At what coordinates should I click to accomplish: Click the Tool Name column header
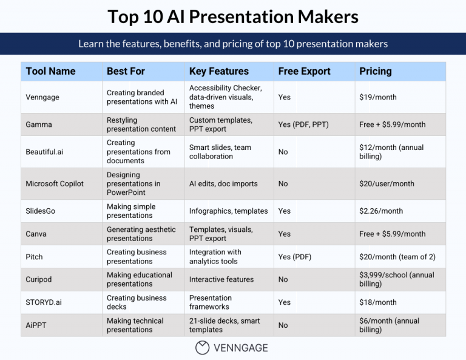(50, 71)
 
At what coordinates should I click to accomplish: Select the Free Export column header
(304, 71)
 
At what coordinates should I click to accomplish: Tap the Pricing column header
(375, 71)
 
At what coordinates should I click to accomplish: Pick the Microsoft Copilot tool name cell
(55, 184)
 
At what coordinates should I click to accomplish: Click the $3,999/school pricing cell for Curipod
(396, 279)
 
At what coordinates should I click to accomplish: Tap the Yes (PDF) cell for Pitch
(294, 257)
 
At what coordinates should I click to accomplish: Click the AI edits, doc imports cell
(223, 184)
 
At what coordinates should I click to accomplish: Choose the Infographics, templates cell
(228, 211)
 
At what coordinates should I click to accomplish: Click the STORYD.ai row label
(44, 302)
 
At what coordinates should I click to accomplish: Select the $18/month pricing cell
(377, 302)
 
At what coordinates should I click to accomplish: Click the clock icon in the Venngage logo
(202, 348)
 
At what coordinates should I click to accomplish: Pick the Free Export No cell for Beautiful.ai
(283, 152)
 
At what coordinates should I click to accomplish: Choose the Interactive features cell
(221, 279)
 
